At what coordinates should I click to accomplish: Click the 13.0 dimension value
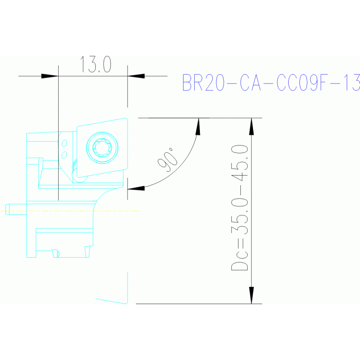[x=96, y=65]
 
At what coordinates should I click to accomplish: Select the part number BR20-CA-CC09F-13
[x=271, y=83]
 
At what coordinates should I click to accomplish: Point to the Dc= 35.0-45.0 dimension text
[x=240, y=208]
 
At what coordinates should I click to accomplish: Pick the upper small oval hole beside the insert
[x=65, y=143]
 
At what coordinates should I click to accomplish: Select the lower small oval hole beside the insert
[x=65, y=154]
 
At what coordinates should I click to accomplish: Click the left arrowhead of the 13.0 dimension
[x=49, y=76]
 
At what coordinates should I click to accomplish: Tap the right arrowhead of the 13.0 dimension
[x=136, y=76]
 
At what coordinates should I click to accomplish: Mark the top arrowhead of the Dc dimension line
[x=252, y=125]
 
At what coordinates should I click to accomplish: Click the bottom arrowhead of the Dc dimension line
[x=252, y=296]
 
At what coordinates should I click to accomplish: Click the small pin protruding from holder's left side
[x=8, y=209]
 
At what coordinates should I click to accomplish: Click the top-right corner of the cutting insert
[x=127, y=119]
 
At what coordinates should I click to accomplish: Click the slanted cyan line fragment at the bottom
[x=111, y=300]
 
